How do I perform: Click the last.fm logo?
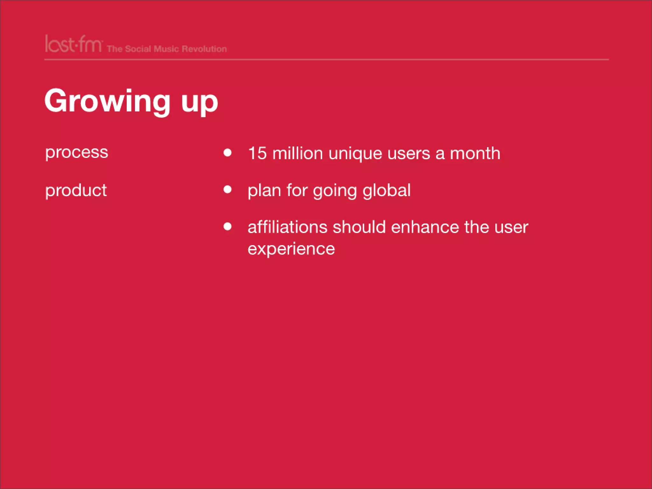(74, 44)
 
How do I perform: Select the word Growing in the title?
(108, 101)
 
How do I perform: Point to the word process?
(77, 152)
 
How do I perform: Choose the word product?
(76, 191)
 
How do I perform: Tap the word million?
(298, 153)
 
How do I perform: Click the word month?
(475, 153)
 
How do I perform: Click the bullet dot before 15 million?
(227, 152)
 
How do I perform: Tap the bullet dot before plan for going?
(227, 190)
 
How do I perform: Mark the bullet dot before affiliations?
(227, 226)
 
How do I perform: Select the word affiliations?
(287, 227)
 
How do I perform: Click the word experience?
(291, 249)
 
